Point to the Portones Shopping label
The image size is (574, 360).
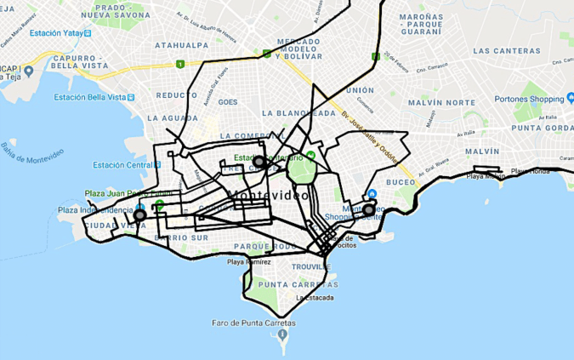[529, 99]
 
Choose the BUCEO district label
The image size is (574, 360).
[401, 182]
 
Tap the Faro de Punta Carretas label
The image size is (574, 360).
[253, 323]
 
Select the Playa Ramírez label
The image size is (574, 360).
[247, 262]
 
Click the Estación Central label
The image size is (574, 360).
[122, 165]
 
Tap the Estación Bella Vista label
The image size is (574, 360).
[94, 99]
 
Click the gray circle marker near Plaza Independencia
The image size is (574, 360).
[139, 215]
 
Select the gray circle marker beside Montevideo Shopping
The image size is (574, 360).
[369, 209]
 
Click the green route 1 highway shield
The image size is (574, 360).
[179, 64]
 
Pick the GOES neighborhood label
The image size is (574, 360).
[227, 102]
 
